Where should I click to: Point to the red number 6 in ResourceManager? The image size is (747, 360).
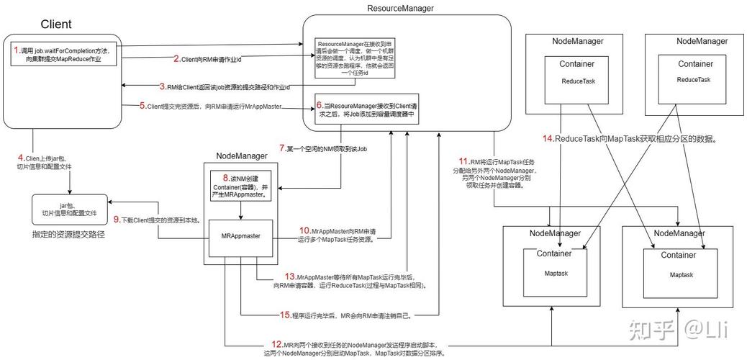click(320, 105)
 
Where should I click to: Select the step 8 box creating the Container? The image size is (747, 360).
click(240, 186)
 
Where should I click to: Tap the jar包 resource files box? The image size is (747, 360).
click(68, 209)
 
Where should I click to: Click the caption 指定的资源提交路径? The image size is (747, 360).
click(64, 235)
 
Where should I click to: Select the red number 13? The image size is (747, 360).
click(290, 276)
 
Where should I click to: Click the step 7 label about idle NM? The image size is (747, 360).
click(322, 148)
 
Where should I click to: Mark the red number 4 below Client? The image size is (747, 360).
click(21, 157)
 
